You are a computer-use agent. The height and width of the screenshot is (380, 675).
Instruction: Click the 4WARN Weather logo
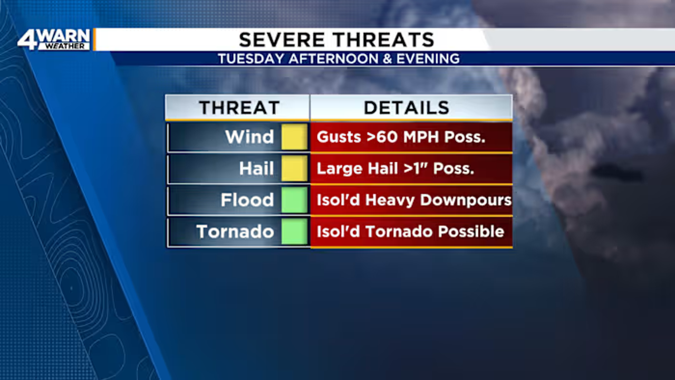(x=54, y=40)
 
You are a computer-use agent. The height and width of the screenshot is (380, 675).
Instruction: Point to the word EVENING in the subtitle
(x=428, y=59)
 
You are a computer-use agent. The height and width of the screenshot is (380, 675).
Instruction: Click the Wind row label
(x=249, y=137)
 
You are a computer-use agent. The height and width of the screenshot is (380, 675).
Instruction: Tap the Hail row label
(x=256, y=168)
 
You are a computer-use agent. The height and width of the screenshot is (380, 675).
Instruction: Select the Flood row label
(x=247, y=200)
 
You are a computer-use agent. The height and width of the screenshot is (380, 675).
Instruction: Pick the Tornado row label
(x=235, y=232)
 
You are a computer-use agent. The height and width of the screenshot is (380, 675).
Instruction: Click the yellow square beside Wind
(x=294, y=137)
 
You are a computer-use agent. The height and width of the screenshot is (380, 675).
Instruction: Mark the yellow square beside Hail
(x=294, y=168)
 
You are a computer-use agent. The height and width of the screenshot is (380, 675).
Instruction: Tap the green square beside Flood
(x=294, y=200)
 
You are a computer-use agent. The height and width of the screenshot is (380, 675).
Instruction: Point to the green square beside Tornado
(x=294, y=231)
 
